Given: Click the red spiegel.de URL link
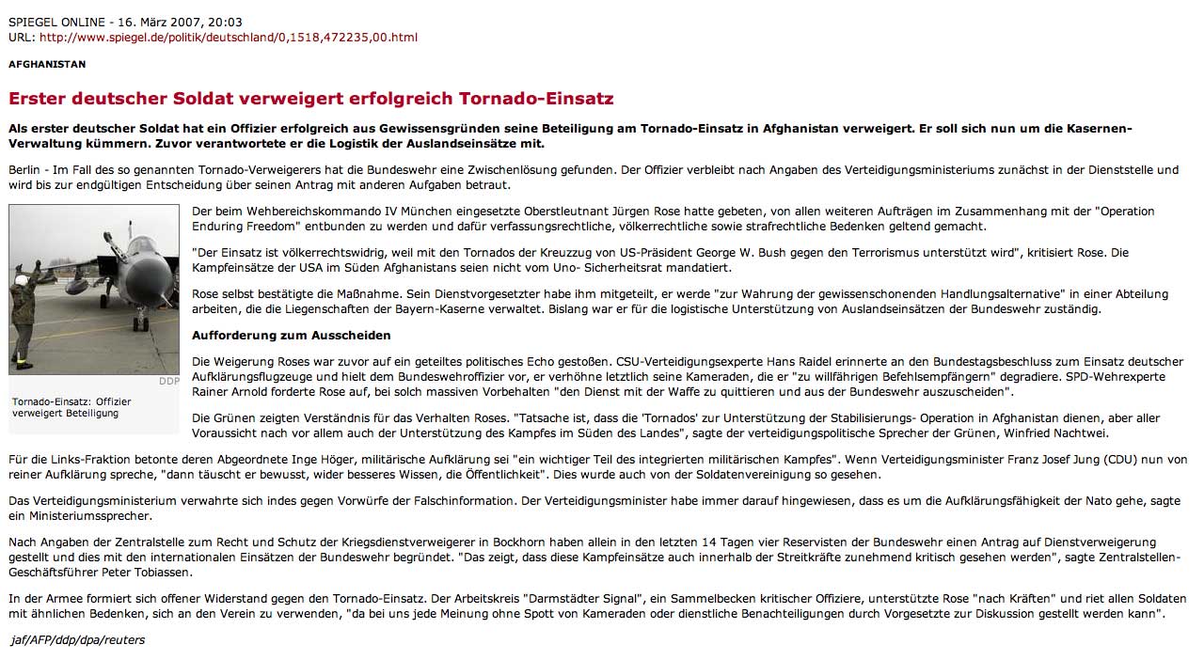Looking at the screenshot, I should (228, 38).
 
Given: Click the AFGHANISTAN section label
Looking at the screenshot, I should (47, 64).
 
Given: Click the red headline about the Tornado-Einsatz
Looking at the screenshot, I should (310, 98).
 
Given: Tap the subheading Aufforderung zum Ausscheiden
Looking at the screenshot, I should (291, 335).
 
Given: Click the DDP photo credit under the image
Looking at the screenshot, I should (168, 381).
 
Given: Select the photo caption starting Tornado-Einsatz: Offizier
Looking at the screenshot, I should (71, 407).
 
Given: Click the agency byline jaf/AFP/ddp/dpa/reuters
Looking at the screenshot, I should (76, 640).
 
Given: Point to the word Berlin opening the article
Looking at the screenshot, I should (25, 169).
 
